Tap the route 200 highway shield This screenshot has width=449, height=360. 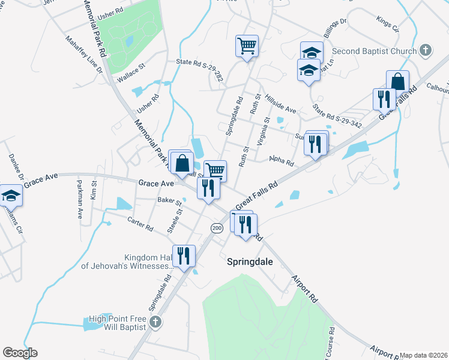click(217, 228)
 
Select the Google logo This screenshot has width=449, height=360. click(20, 353)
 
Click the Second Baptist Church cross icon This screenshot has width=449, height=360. click(426, 50)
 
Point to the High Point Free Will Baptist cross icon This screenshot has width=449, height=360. click(155, 322)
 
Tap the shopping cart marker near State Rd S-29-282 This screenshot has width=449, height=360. click(247, 46)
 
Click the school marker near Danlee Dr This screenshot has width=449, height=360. click(10, 195)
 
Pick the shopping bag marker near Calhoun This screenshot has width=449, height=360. click(397, 81)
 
